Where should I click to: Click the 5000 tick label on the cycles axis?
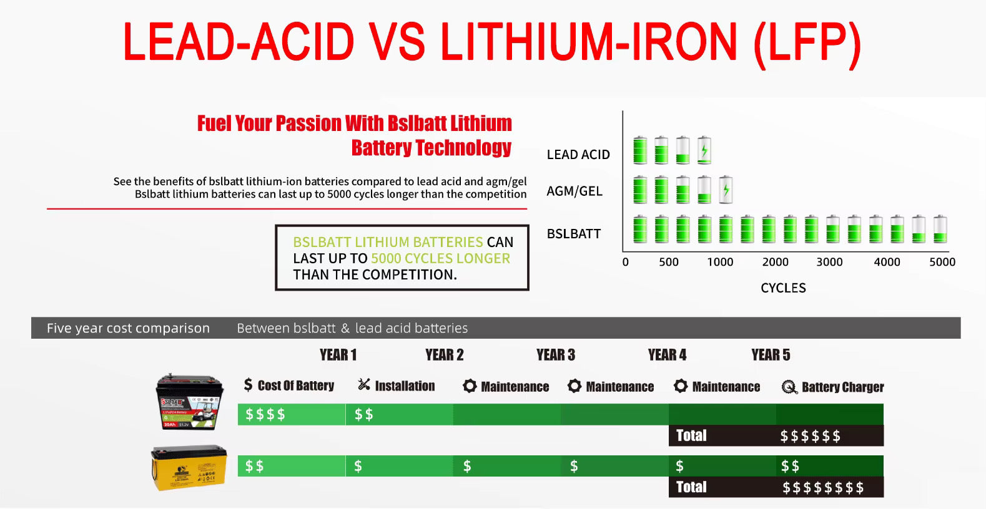click(942, 262)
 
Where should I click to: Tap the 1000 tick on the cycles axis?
click(720, 262)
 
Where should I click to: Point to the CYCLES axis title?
click(783, 288)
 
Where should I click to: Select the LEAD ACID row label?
click(578, 155)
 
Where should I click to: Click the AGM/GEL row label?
click(574, 191)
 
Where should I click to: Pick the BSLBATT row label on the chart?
click(573, 234)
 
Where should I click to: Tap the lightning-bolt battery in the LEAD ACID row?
click(704, 150)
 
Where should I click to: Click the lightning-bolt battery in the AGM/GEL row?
click(726, 190)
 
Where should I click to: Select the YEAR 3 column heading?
click(556, 355)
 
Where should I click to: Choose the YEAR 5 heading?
click(771, 355)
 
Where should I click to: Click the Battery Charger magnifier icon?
click(789, 387)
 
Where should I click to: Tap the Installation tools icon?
click(364, 385)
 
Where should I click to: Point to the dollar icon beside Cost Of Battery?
click(249, 385)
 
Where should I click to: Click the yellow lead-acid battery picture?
click(189, 468)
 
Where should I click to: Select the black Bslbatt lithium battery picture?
click(190, 401)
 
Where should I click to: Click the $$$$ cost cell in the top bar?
click(265, 414)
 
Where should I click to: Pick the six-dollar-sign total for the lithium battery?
click(811, 436)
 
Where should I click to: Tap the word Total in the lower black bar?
click(691, 487)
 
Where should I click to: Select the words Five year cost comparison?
click(128, 328)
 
